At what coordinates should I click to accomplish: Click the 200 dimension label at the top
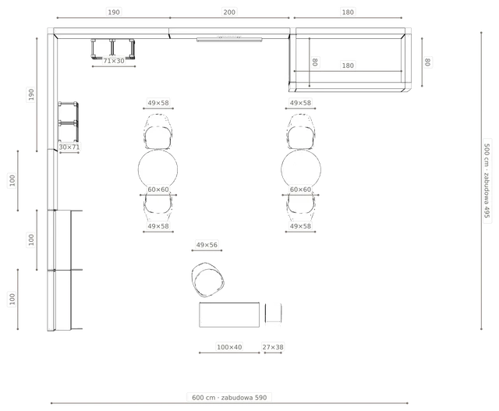pyautogui.click(x=229, y=12)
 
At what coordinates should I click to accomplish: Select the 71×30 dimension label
pyautogui.click(x=114, y=61)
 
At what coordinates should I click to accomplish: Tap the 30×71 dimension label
pyautogui.click(x=69, y=147)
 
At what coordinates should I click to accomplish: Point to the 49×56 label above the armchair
pyautogui.click(x=207, y=245)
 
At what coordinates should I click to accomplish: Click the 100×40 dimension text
pyautogui.click(x=229, y=347)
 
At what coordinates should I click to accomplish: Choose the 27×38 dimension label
pyautogui.click(x=273, y=347)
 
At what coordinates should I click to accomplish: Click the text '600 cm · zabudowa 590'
pyautogui.click(x=229, y=397)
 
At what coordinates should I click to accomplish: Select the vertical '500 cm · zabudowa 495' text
pyautogui.click(x=487, y=180)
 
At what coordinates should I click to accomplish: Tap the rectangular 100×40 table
pyautogui.click(x=229, y=315)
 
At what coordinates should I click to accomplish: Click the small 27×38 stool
pyautogui.click(x=273, y=313)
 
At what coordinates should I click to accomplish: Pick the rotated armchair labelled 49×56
pyautogui.click(x=208, y=279)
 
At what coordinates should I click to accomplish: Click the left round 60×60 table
pyautogui.click(x=157, y=169)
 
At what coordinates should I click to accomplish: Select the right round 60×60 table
pyautogui.click(x=301, y=169)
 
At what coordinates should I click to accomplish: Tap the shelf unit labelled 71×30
pyautogui.click(x=112, y=48)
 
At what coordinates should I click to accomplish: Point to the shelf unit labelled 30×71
pyautogui.click(x=68, y=122)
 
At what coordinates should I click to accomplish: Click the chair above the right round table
pyautogui.click(x=301, y=132)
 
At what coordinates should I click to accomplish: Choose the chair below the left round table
pyautogui.click(x=157, y=207)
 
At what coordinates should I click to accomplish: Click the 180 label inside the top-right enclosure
pyautogui.click(x=348, y=66)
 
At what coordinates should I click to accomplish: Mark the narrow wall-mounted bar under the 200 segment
pyautogui.click(x=229, y=40)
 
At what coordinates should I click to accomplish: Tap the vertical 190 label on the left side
pyautogui.click(x=31, y=94)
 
